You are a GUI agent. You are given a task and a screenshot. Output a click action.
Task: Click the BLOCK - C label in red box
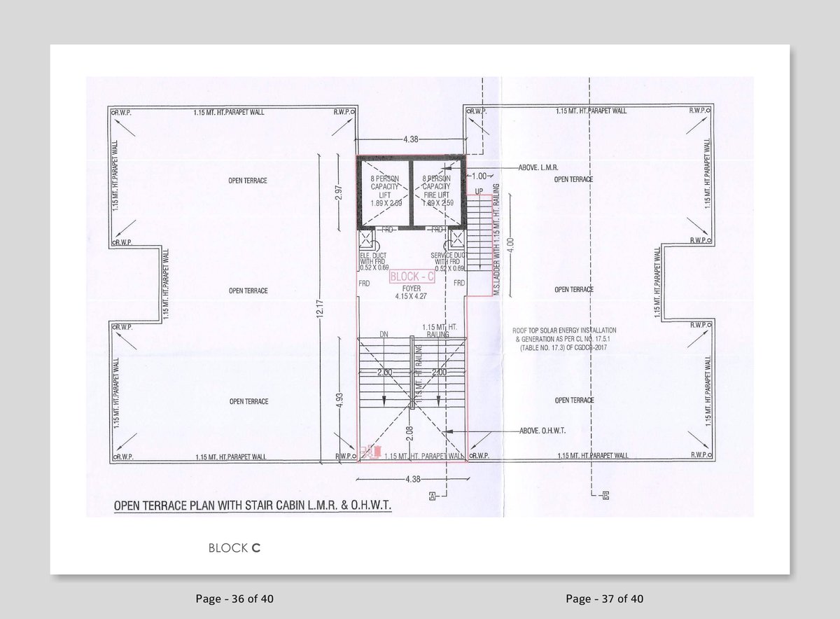tap(412, 277)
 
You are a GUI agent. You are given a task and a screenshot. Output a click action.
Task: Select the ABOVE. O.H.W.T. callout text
tap(543, 431)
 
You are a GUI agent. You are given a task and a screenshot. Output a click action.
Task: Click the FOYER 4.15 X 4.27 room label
tap(412, 292)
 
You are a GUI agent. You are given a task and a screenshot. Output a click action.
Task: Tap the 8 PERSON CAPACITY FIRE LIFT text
tap(436, 190)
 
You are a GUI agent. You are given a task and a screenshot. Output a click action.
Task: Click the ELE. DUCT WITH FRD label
tap(373, 262)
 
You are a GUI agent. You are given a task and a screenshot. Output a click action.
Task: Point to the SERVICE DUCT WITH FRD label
tap(448, 262)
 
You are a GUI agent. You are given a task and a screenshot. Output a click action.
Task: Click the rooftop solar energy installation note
tap(564, 338)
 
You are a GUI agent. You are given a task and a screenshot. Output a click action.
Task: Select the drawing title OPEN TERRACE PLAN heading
tap(253, 505)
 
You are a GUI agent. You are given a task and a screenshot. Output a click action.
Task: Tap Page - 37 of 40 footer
tap(604, 599)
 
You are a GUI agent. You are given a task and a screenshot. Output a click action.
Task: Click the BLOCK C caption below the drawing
tap(234, 548)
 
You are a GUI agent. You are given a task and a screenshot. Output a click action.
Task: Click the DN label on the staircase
tap(384, 335)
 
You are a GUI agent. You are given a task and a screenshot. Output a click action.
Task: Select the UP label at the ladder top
tap(479, 191)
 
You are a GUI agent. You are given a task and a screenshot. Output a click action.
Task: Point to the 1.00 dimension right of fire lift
tap(479, 176)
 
